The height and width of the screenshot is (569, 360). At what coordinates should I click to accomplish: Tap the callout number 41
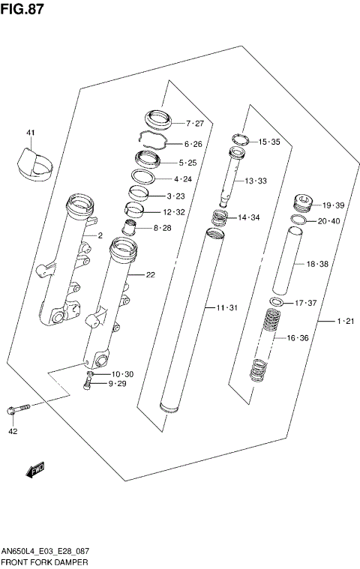point(31,133)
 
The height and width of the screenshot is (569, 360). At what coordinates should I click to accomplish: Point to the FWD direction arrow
point(35,470)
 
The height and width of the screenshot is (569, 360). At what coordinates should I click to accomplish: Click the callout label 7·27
point(194,123)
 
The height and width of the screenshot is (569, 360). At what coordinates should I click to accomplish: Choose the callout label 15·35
point(270,142)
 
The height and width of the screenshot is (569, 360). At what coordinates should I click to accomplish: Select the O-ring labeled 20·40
point(297,221)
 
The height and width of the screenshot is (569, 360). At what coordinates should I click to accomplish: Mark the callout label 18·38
point(318,264)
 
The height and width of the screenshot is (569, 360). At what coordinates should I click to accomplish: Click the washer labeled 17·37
point(277,302)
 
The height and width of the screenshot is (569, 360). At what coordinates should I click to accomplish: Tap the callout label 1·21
point(345,322)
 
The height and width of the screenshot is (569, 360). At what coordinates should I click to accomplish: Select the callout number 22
point(150,275)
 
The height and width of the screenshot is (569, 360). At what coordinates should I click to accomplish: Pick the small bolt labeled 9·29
point(89,384)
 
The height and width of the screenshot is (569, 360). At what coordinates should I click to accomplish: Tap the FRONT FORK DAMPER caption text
point(44,562)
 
